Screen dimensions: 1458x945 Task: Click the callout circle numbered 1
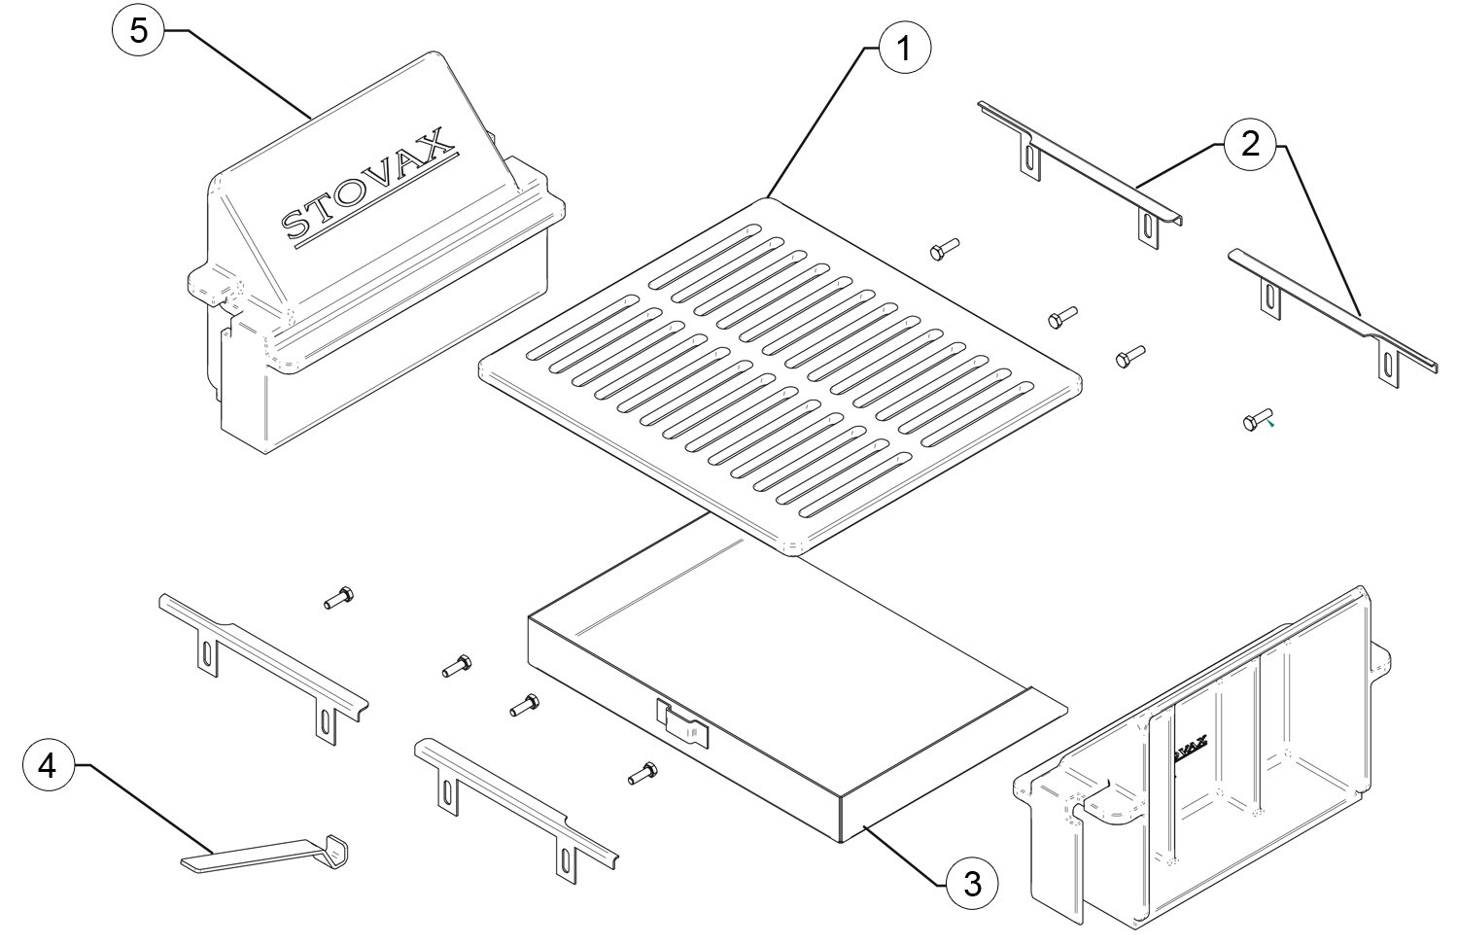[x=904, y=48]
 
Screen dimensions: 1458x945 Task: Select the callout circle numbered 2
[x=1250, y=144]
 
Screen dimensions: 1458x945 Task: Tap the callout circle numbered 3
[x=972, y=884]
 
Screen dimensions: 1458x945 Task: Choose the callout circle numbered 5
[x=139, y=30]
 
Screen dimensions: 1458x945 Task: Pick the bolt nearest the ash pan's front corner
[x=642, y=773]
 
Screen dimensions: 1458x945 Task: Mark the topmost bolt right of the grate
[x=944, y=249]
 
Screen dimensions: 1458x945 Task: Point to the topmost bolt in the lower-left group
[x=338, y=597]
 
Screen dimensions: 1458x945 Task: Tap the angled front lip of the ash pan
[x=954, y=765]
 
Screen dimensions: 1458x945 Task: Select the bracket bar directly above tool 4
[x=263, y=668]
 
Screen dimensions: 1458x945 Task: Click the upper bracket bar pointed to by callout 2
[x=1081, y=172]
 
